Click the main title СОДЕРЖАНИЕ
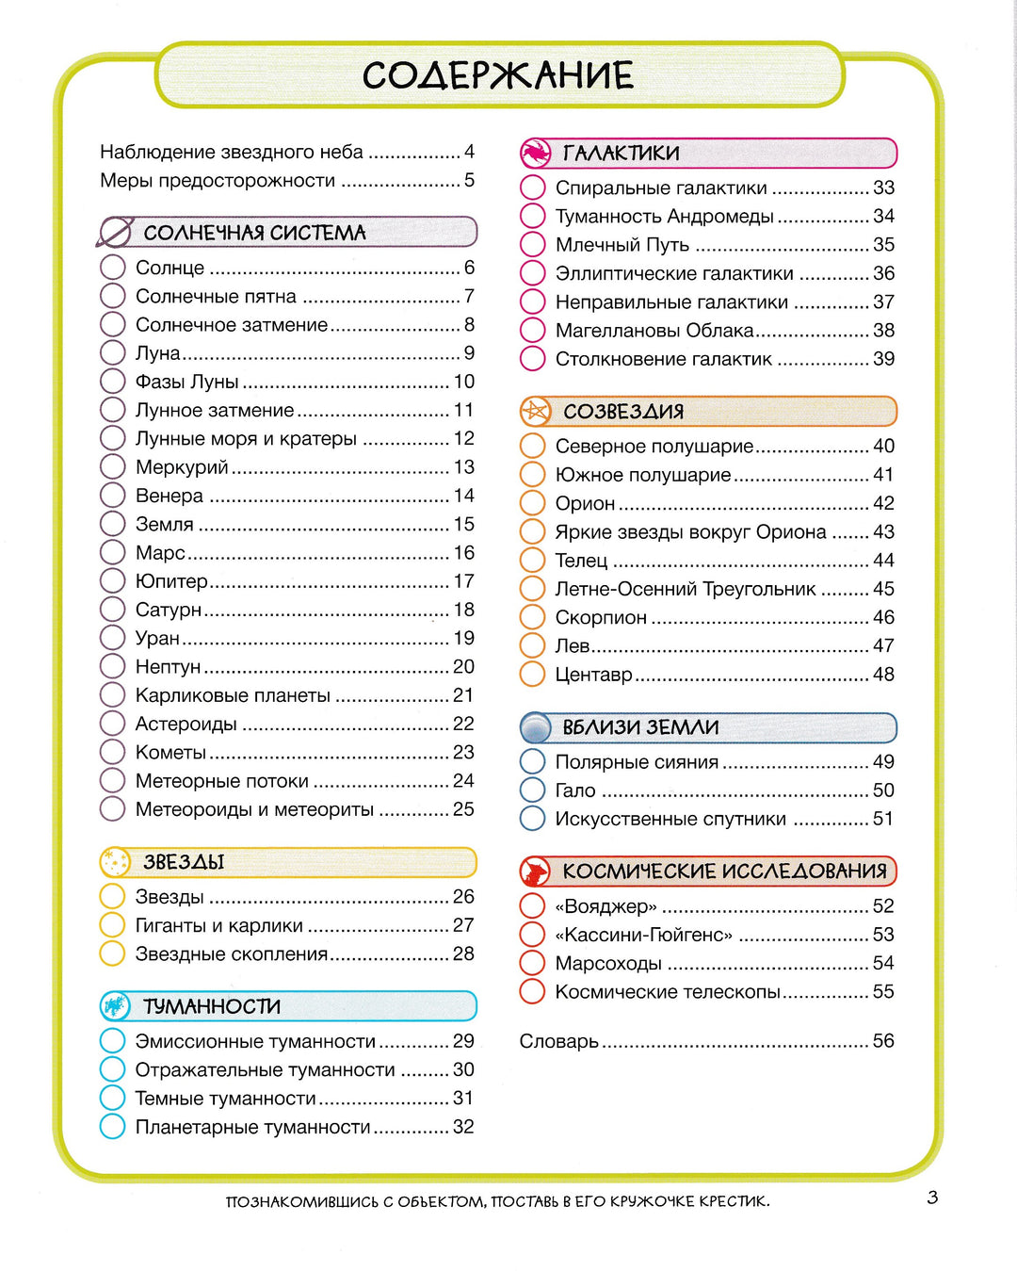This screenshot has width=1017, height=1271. tap(498, 75)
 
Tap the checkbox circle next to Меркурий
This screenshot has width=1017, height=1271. tap(113, 467)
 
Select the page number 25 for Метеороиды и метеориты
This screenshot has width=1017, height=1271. tap(463, 809)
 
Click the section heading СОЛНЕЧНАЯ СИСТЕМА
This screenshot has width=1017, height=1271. tap(254, 233)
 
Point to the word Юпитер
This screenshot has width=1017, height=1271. tap(171, 581)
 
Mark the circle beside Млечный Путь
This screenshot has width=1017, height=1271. tap(533, 245)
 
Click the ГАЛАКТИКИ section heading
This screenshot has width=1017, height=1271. tap(621, 153)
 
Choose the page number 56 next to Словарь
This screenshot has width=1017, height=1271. tap(883, 1041)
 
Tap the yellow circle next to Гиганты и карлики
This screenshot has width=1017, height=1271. tap(113, 925)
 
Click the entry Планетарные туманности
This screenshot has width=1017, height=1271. tap(252, 1127)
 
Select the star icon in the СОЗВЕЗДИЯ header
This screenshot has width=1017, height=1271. tap(536, 411)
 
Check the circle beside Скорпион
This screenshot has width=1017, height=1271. tap(533, 617)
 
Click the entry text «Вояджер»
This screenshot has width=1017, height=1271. tap(605, 906)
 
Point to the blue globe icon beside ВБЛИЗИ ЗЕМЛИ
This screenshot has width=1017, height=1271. tap(536, 727)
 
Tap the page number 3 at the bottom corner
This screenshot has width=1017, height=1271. tap(932, 1198)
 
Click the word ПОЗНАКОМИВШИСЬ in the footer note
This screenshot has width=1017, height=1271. tap(300, 1201)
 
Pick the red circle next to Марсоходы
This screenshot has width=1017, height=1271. tap(533, 963)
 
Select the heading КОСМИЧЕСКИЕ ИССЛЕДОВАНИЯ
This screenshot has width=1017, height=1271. tap(724, 872)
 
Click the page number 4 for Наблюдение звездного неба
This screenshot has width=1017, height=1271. tap(469, 152)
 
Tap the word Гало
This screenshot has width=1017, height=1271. tap(575, 790)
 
